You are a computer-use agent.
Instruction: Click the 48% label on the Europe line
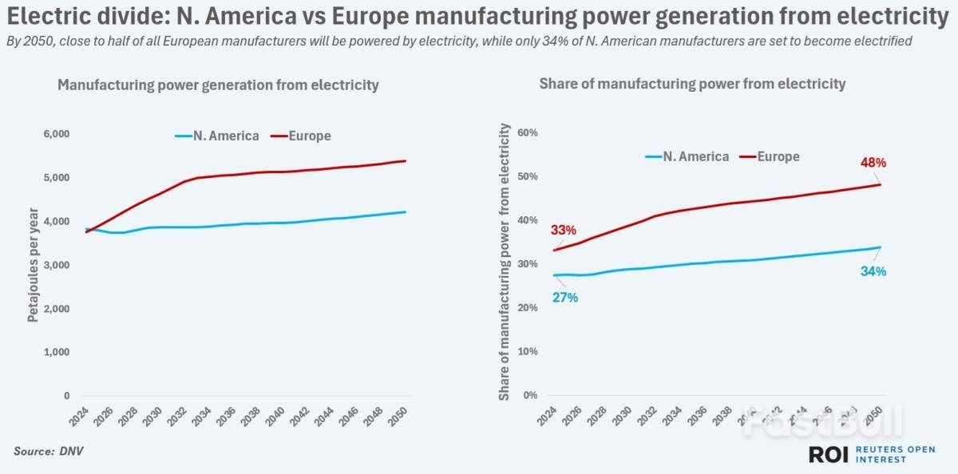pyautogui.click(x=873, y=163)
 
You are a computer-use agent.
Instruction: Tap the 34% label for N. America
pyautogui.click(x=873, y=271)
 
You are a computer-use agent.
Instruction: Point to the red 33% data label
pyautogui.click(x=564, y=231)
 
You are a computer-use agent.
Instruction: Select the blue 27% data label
pyautogui.click(x=564, y=298)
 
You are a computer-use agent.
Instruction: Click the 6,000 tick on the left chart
pyautogui.click(x=57, y=134)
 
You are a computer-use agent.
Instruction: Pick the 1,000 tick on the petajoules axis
pyautogui.click(x=57, y=352)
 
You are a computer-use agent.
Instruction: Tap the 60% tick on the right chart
pyautogui.click(x=529, y=132)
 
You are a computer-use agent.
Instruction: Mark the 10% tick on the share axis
pyautogui.click(x=529, y=352)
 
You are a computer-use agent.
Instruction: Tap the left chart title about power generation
pyautogui.click(x=218, y=85)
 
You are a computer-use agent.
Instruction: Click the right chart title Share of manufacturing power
pyautogui.click(x=692, y=83)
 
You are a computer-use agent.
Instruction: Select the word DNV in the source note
pyautogui.click(x=71, y=452)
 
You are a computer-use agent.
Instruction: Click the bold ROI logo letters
pyautogui.click(x=828, y=454)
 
